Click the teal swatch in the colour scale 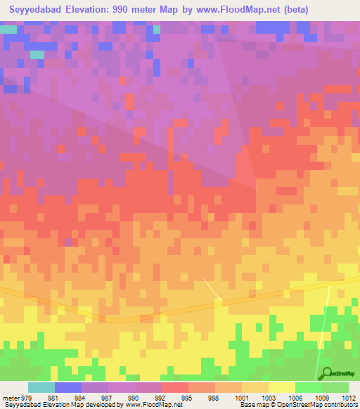[x=41, y=387]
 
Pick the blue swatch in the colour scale [x=68, y=387]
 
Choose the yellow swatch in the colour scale [x=281, y=387]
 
